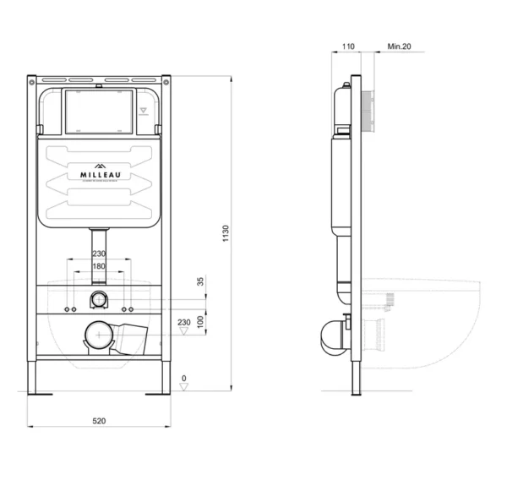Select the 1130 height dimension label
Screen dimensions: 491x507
(x=226, y=234)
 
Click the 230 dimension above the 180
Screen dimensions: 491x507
(x=100, y=253)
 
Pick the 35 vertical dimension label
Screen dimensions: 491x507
(x=201, y=282)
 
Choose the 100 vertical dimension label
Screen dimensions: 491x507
(x=201, y=321)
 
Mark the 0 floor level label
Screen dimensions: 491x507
(x=184, y=377)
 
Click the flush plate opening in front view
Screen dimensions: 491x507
(x=99, y=111)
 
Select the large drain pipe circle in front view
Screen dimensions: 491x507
(x=98, y=336)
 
